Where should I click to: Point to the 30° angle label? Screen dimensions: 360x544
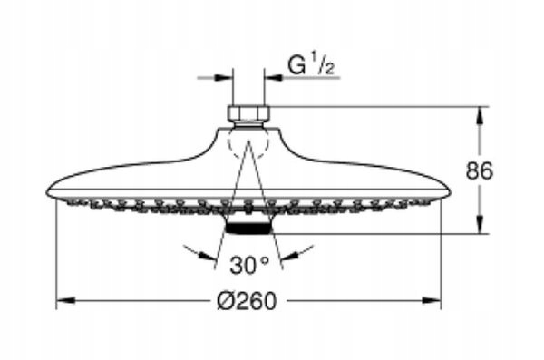pos(248,266)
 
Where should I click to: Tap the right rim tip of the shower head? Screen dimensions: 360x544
pos(447,192)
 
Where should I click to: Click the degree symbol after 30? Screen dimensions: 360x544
pos(266,260)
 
